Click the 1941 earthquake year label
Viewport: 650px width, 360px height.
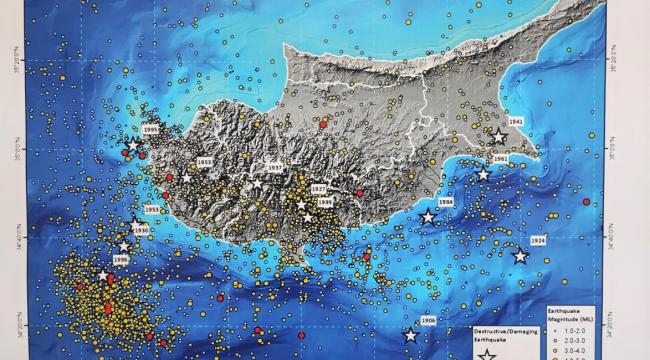[x=515, y=122]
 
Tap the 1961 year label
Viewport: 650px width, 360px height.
[x=501, y=159]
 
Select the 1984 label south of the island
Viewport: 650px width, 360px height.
[x=446, y=202]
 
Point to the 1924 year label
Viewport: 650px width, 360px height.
[x=538, y=241]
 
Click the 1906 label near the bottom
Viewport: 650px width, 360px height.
[x=428, y=321]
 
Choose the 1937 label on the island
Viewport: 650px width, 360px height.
[x=276, y=168]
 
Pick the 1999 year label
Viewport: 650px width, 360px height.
[x=324, y=201]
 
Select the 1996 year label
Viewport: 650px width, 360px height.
[x=121, y=260]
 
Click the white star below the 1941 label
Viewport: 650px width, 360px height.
[x=498, y=137]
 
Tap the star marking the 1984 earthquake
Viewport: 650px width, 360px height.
[x=428, y=217]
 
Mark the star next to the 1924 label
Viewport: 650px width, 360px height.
[x=519, y=257]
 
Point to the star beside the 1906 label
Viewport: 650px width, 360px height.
[x=410, y=336]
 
